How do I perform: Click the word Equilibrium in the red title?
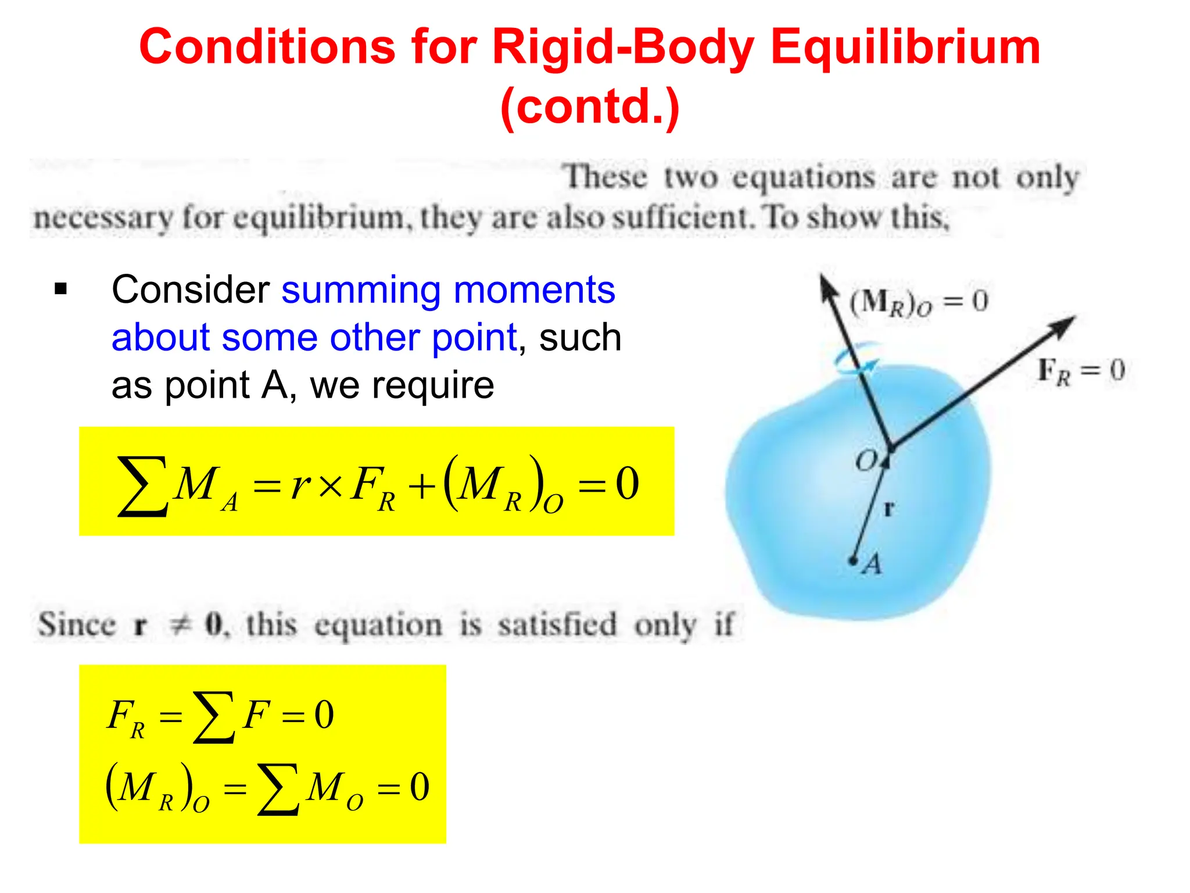[x=905, y=48]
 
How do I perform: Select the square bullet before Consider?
[x=60, y=289]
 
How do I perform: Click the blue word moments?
[x=534, y=290]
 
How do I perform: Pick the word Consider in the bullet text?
[x=190, y=290]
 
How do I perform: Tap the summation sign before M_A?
[x=142, y=485]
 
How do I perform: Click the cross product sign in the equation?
[x=331, y=485]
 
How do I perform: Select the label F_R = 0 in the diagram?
[x=1081, y=371]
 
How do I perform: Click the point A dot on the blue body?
[x=853, y=560]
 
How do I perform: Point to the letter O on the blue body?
[x=866, y=461]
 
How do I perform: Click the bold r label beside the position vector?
[x=888, y=509]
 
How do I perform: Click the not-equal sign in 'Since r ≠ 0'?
[x=180, y=625]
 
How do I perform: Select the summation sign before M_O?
[x=279, y=789]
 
